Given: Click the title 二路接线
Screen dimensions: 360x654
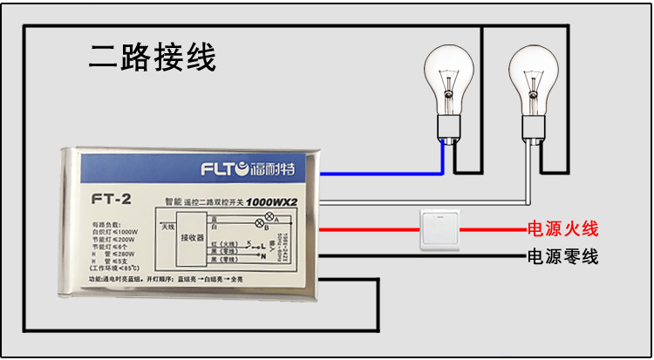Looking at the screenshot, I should [x=153, y=58].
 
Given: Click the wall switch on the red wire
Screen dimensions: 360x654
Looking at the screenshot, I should [x=440, y=229].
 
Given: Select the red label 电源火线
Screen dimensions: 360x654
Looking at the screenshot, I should [x=562, y=230].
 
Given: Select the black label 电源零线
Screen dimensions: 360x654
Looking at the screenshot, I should [x=562, y=256].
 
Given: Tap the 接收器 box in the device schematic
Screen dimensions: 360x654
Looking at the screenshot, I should [x=192, y=236].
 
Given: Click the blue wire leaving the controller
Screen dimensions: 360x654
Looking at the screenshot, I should [x=384, y=173].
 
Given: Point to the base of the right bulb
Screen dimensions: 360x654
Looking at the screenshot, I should [x=533, y=131].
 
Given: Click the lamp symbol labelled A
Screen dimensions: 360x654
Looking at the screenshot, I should [x=269, y=215].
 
